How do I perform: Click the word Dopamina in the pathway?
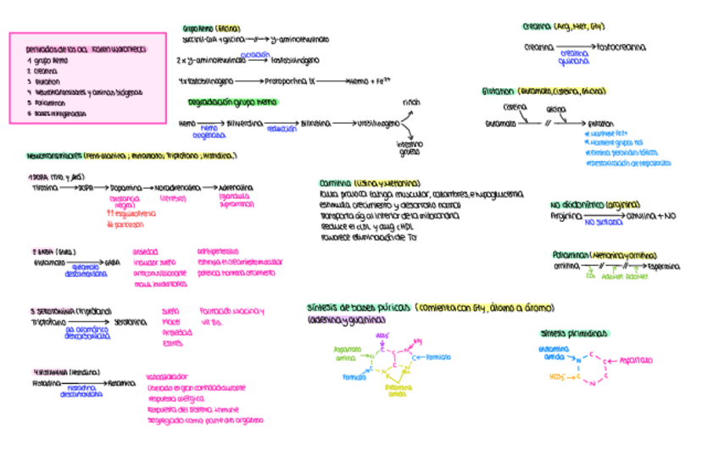tap(125, 188)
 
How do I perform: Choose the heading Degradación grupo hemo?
tap(232, 102)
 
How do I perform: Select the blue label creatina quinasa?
tap(573, 57)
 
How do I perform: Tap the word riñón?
tap(411, 102)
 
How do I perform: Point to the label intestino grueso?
tap(410, 149)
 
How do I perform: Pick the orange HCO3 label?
tap(556, 375)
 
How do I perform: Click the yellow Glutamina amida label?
tap(398, 390)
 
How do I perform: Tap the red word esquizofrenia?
tap(127, 215)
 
